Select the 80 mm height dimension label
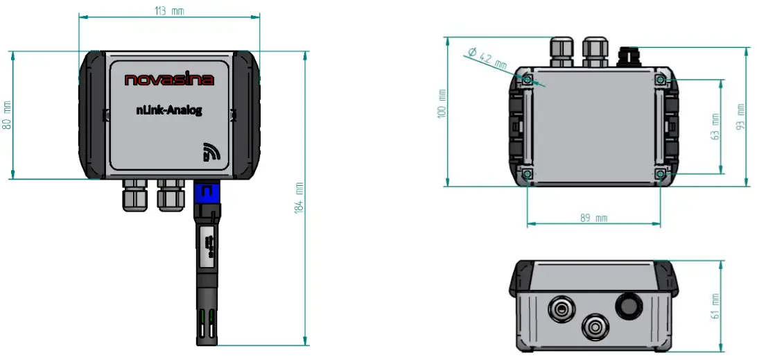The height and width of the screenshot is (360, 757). click(x=8, y=115)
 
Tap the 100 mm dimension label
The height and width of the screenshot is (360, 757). click(x=442, y=103)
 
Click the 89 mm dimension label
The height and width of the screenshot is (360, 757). click(x=593, y=218)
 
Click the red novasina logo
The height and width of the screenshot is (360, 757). click(x=169, y=80)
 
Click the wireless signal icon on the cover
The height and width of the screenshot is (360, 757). click(x=211, y=152)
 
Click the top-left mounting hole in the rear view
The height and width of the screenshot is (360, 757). click(x=527, y=80)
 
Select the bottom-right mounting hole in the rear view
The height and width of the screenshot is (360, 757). click(x=660, y=173)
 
